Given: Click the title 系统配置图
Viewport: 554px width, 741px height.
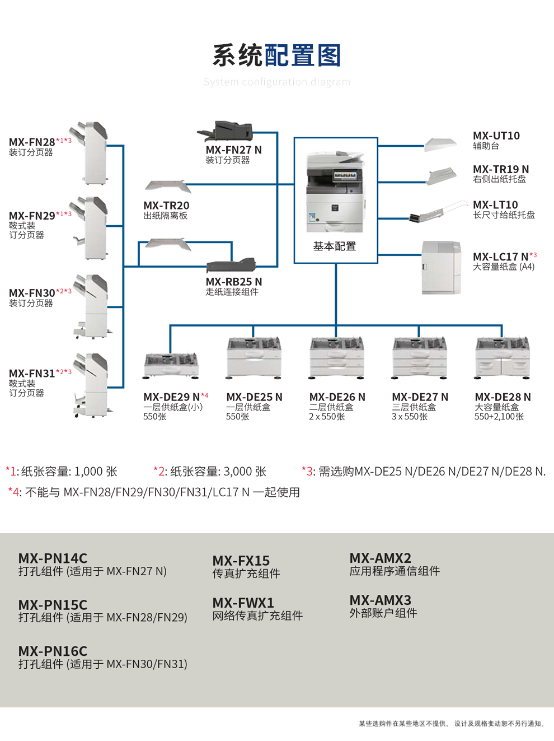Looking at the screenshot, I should click(276, 55).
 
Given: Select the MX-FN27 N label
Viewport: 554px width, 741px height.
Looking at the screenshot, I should click(233, 150).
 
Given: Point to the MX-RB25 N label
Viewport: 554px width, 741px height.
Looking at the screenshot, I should click(233, 282).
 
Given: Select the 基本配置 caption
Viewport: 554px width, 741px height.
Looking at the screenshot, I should click(335, 246).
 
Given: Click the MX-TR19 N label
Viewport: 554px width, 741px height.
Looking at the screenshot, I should click(500, 169).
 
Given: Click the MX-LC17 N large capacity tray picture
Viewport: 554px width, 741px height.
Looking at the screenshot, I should click(441, 267).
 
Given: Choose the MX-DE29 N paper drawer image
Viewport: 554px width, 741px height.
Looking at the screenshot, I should click(171, 365).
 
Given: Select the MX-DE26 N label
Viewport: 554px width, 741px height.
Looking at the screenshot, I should click(337, 397).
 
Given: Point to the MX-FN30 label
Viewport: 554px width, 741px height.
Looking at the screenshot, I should click(32, 293).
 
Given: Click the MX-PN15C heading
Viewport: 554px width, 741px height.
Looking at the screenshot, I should click(53, 605).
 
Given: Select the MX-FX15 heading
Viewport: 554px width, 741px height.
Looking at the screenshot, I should click(241, 561).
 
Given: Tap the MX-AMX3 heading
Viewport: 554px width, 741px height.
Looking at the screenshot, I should click(380, 600).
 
